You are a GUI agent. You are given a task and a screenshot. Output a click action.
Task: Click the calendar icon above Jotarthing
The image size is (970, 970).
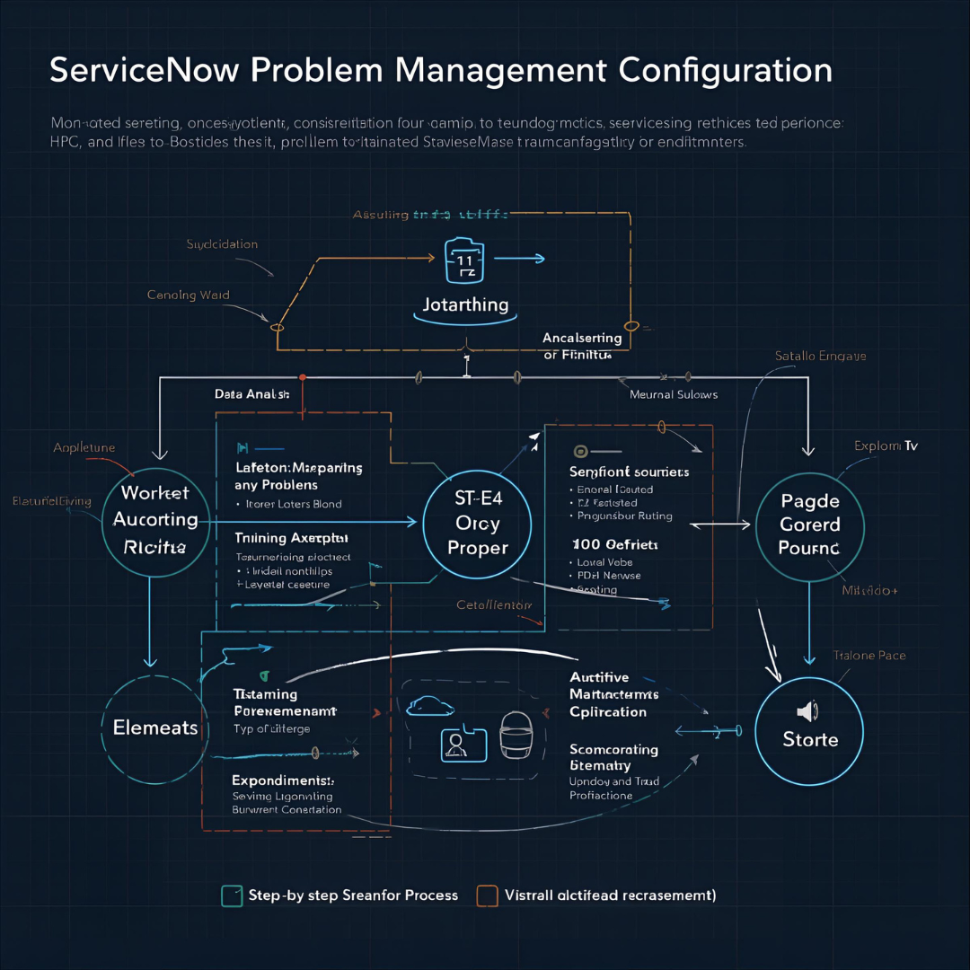click(465, 259)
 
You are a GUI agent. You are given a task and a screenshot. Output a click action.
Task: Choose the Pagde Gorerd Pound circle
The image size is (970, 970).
click(809, 525)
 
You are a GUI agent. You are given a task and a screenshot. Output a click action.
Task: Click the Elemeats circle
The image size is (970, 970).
click(155, 727)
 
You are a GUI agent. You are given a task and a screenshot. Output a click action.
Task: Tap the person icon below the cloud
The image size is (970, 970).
click(456, 745)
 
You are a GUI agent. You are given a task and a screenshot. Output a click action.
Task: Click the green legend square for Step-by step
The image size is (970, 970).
click(232, 895)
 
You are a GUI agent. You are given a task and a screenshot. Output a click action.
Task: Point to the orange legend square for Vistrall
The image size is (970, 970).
click(487, 895)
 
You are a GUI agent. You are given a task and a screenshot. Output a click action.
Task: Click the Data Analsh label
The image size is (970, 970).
click(251, 393)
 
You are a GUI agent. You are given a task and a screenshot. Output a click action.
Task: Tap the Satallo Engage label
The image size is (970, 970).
click(820, 356)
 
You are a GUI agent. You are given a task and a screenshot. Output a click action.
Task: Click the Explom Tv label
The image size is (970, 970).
click(886, 445)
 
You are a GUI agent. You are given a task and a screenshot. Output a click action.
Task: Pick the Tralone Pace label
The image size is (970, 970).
click(869, 656)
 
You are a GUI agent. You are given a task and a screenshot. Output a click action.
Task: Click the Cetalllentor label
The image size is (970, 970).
click(494, 604)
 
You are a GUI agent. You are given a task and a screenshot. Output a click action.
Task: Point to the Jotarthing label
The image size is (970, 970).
click(465, 304)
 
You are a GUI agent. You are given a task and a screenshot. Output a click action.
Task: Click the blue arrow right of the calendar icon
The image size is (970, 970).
click(520, 259)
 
